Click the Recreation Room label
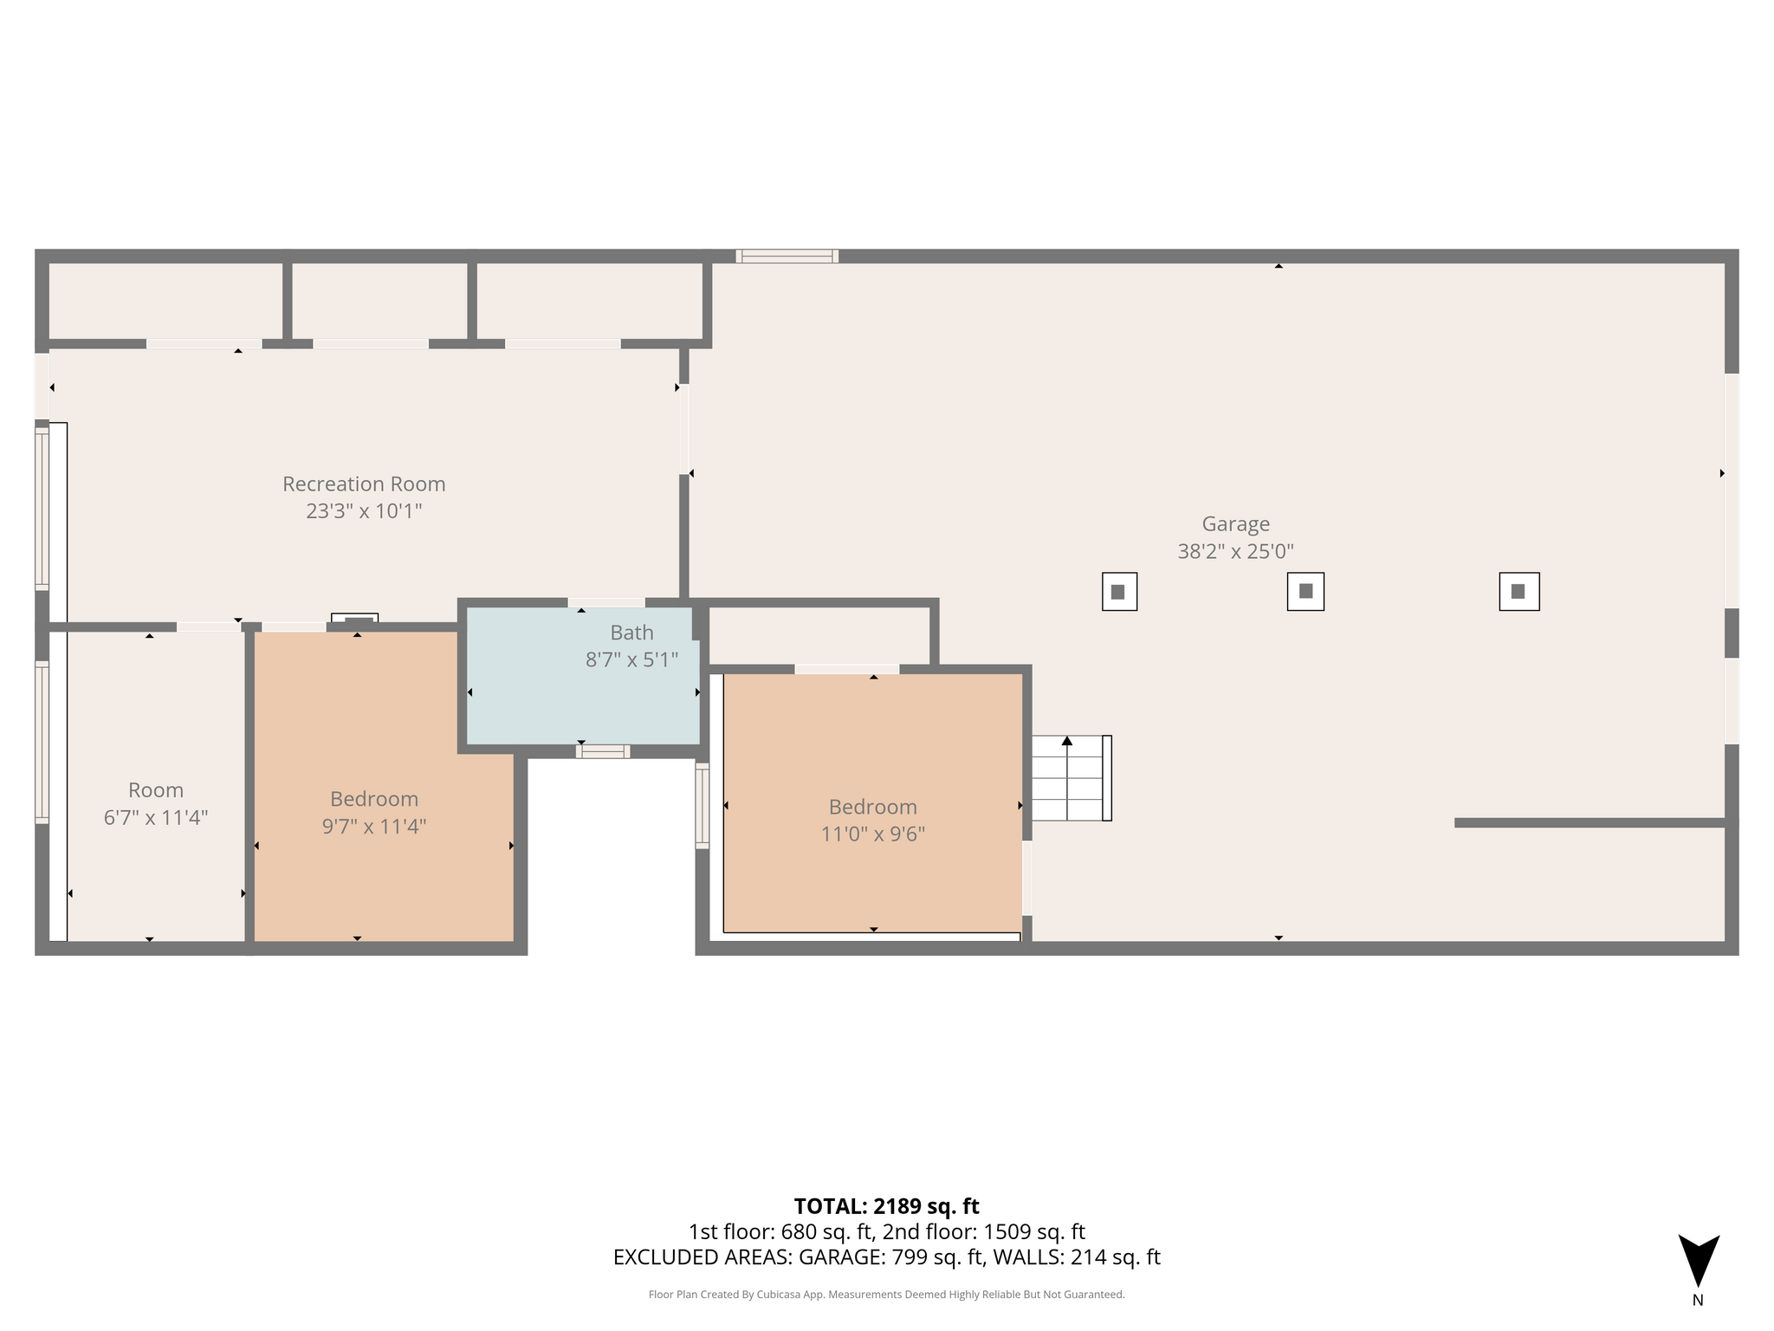364,484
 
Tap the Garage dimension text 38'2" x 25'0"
1235,551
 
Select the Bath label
631,633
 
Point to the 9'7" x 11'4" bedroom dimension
374,827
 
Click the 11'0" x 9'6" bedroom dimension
873,834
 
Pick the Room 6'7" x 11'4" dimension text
156,818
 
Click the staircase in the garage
1072,778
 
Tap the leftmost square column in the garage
1119,592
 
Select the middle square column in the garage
1305,592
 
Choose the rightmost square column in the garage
1519,592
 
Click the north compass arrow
1699,1260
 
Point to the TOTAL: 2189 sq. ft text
886,1206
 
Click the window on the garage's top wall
787,256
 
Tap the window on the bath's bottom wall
603,751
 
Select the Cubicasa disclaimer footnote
886,1295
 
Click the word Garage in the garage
1235,524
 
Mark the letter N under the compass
1698,1300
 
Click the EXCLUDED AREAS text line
886,1257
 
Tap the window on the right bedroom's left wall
702,806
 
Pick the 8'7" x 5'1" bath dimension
631,660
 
